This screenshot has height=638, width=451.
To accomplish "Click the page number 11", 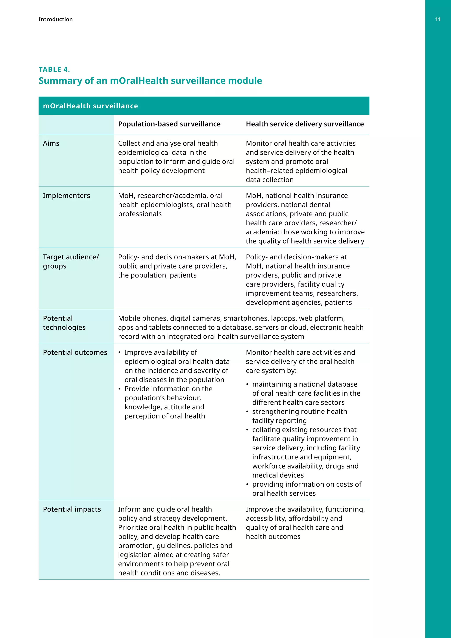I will pos(438,19).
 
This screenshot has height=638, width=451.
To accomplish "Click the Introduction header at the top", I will pos(55,19).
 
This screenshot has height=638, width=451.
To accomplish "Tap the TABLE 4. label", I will pos(54,69).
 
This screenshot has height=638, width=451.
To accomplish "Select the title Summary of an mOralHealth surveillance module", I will pos(150,81).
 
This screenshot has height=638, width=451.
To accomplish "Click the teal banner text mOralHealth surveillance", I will pos(90,106).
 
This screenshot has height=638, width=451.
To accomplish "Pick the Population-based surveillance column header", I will pos(169,124).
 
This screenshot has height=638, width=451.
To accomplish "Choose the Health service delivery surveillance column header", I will pos(305,124).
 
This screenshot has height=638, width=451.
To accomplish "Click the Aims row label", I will pos(51,143).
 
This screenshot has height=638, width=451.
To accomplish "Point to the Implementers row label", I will pos(66,196).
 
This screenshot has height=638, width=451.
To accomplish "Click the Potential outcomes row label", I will pos(75,352).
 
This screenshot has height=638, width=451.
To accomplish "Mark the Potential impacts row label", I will pos(72,509).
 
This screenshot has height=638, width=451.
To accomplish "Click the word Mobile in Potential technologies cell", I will pos(129,318).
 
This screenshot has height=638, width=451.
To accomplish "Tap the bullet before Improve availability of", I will pos(119,353).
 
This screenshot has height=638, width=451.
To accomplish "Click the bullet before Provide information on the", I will pos(119,389).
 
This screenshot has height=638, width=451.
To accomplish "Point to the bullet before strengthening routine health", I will pos(247,412).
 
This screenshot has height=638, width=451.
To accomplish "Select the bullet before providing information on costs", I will pos(247,485).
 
